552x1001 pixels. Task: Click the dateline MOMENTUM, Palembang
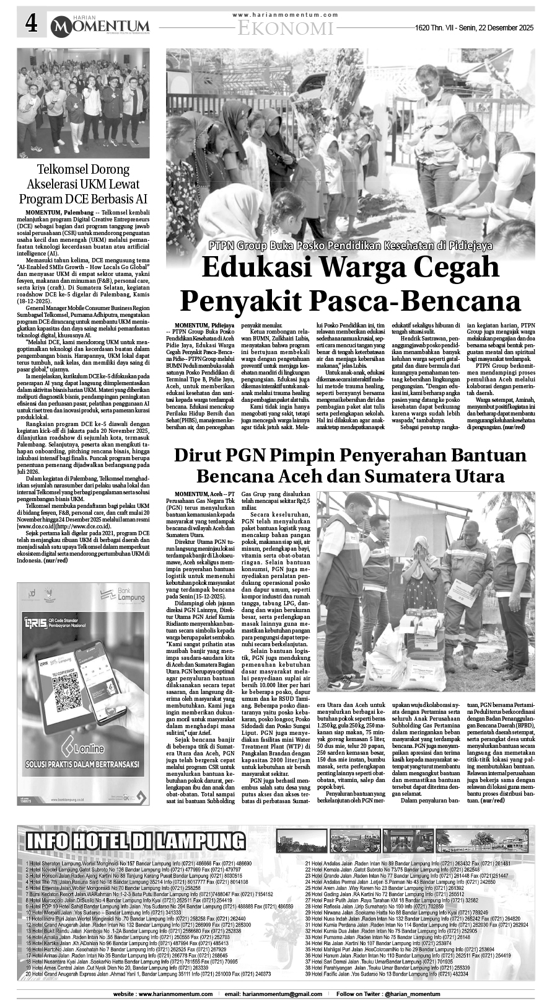point(56,213)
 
